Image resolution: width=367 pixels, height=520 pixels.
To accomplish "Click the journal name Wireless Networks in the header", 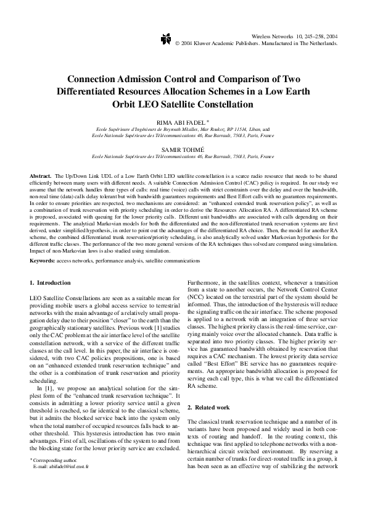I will click(275, 37).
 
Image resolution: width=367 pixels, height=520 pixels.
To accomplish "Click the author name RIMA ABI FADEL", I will click(181, 123).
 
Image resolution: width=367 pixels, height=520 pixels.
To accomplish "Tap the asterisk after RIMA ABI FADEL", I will click(208, 122).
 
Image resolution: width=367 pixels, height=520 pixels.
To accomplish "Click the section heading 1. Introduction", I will click(50, 283).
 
